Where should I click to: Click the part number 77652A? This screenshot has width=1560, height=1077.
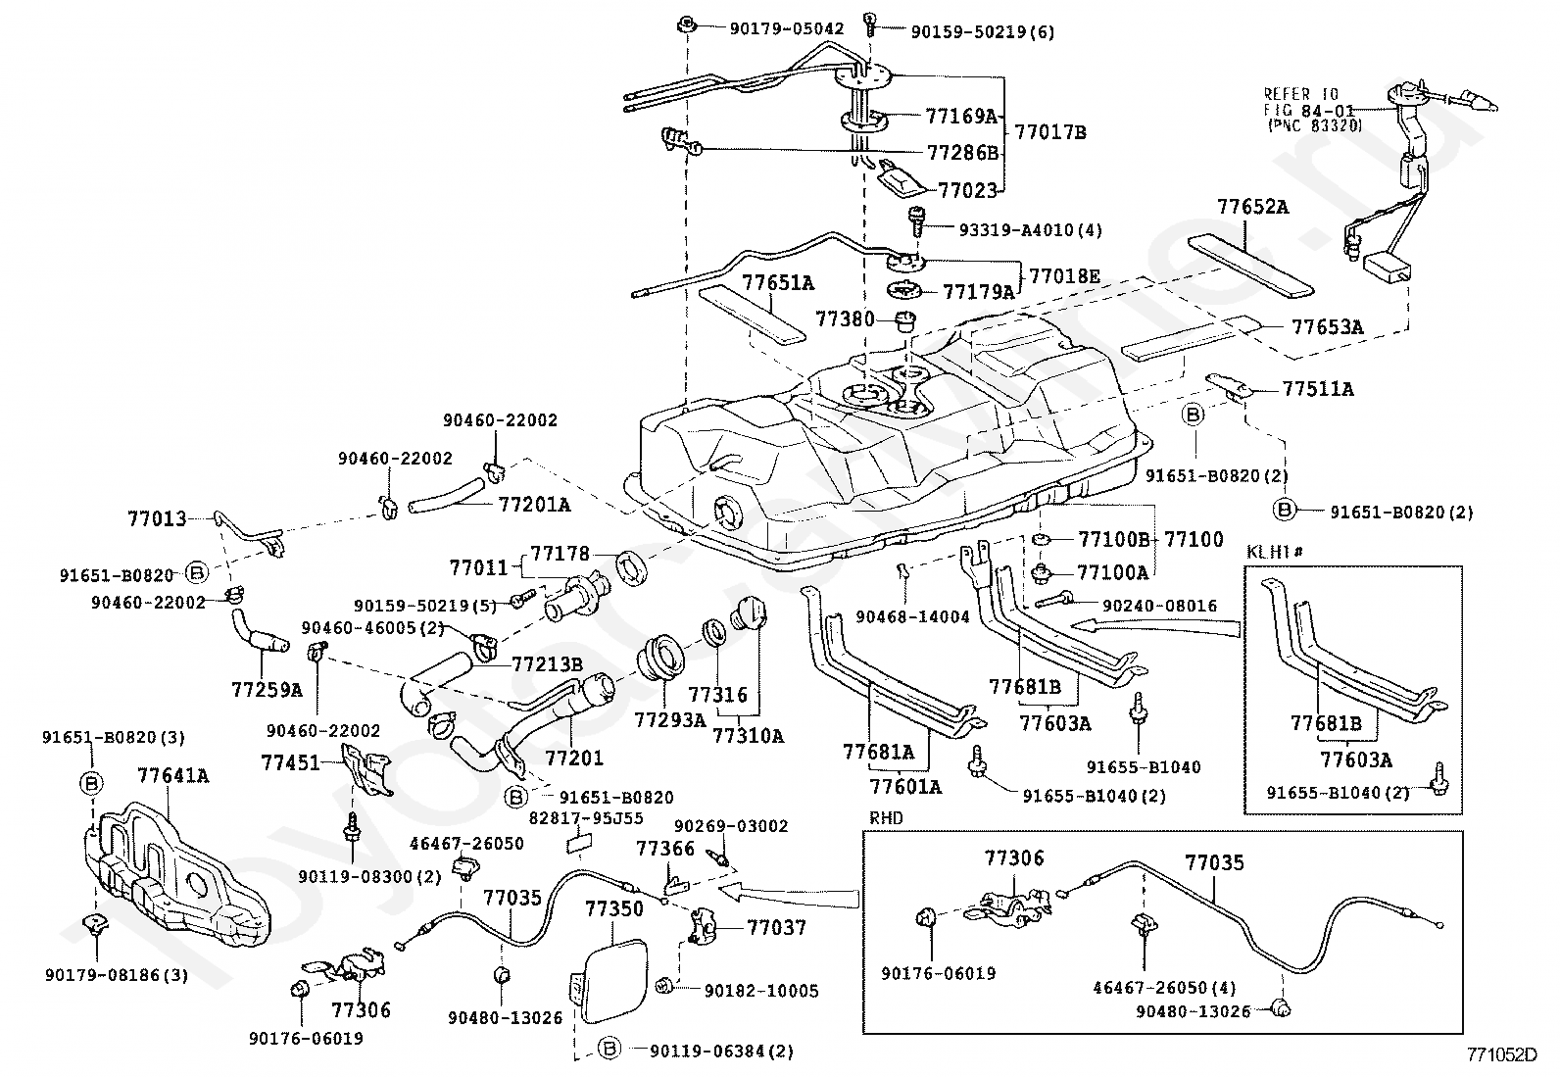[1253, 208]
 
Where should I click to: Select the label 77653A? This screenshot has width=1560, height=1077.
[1327, 327]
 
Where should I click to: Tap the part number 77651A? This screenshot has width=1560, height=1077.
[778, 283]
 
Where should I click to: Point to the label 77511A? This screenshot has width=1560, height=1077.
[1318, 389]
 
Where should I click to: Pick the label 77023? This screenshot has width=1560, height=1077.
[967, 190]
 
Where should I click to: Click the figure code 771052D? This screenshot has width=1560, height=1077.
[1502, 1054]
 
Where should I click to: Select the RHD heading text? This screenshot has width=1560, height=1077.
[886, 817]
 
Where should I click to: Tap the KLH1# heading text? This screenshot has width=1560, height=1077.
[1275, 552]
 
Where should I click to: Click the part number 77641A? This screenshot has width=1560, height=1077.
[172, 776]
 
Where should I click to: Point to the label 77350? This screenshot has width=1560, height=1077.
[614, 908]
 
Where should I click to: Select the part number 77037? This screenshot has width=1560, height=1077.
[776, 927]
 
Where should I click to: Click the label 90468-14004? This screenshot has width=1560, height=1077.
[912, 616]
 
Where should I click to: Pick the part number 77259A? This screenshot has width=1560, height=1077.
[267, 689]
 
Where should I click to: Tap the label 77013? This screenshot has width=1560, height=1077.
[157, 518]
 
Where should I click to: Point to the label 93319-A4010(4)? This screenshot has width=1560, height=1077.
[1016, 230]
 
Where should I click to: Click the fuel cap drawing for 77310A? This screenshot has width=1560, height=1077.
[747, 617]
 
